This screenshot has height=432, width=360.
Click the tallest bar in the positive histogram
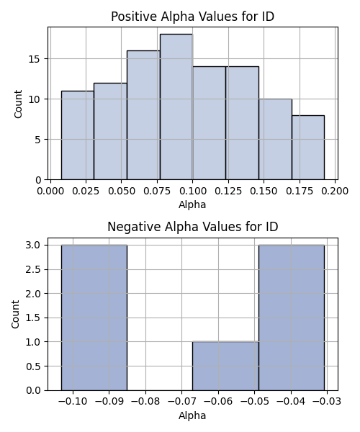click(x=176, y=107)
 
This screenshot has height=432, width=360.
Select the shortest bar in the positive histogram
click(x=308, y=148)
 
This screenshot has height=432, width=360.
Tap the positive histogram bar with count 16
click(x=143, y=115)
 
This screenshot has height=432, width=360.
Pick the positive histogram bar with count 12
click(x=110, y=132)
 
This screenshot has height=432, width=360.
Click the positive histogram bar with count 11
click(x=78, y=135)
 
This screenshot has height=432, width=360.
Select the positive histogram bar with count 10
click(x=276, y=139)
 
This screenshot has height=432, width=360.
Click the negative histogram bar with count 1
click(x=225, y=366)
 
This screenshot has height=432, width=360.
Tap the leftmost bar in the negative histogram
click(x=94, y=318)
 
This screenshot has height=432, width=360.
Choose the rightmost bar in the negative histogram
click(x=292, y=318)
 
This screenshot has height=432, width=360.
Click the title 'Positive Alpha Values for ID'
click(x=192, y=17)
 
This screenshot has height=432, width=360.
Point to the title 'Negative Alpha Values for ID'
click(x=192, y=227)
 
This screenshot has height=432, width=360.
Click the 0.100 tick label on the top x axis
click(x=192, y=191)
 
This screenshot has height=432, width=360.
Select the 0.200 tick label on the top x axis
click(x=335, y=191)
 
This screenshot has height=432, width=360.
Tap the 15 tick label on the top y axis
click(x=35, y=59)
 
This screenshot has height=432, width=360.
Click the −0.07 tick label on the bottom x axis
click(x=181, y=402)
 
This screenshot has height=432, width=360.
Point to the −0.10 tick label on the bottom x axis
click(x=73, y=402)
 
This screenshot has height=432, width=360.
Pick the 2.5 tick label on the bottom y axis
click(x=33, y=269)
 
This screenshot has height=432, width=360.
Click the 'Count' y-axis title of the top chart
click(x=18, y=104)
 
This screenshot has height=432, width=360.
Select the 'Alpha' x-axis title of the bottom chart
click(x=192, y=415)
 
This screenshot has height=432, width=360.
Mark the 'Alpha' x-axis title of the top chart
click(x=192, y=204)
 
